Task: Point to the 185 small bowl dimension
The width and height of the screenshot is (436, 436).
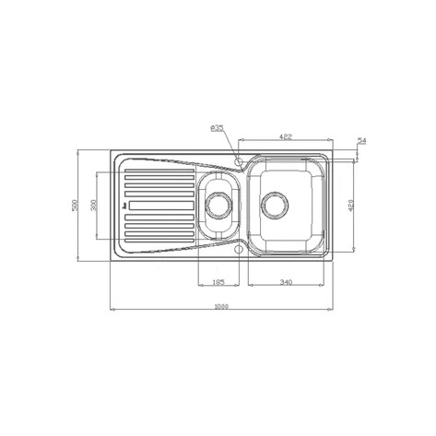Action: (219, 282)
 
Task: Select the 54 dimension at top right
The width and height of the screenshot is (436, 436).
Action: (361, 140)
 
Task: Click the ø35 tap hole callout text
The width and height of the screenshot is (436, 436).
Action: (218, 128)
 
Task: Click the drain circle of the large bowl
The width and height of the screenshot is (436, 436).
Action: (277, 204)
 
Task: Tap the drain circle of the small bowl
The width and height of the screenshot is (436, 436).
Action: (219, 205)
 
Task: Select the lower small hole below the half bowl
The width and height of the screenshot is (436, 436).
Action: (239, 249)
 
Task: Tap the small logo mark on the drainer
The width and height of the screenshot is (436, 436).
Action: (124, 220)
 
